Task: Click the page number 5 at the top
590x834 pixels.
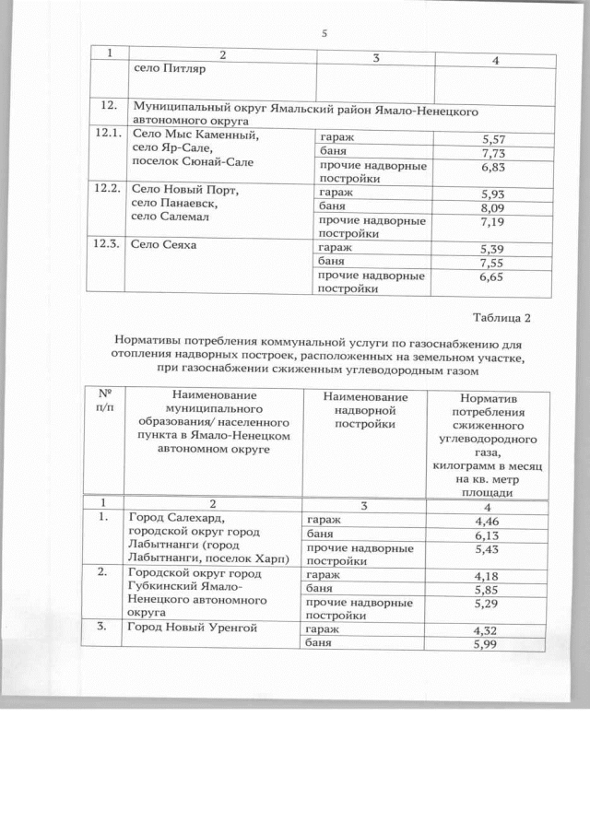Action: pyautogui.click(x=324, y=34)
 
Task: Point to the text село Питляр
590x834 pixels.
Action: pyautogui.click(x=170, y=68)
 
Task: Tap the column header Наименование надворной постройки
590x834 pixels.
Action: pyautogui.click(x=365, y=409)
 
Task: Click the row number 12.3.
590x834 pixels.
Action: pyautogui.click(x=108, y=246)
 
